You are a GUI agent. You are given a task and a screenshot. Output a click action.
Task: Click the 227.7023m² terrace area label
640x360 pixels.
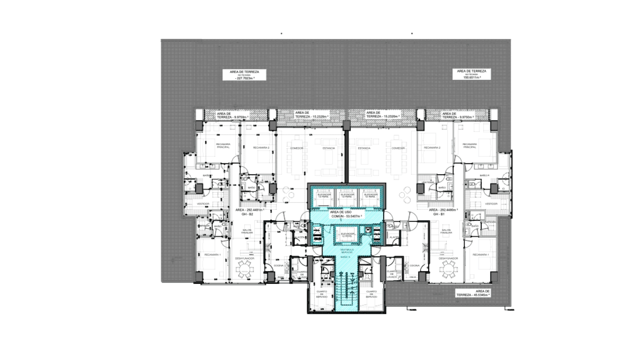[244, 75]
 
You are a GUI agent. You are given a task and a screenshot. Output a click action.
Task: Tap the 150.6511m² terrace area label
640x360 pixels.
[471, 74]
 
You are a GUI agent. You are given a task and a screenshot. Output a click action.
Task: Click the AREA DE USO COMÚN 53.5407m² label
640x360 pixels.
[345, 214]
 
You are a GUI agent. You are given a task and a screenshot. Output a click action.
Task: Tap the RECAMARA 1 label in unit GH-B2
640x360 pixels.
[212, 255]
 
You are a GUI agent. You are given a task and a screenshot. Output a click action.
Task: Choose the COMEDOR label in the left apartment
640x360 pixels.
[296, 148]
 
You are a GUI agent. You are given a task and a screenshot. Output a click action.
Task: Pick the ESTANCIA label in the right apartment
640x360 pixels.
[364, 148]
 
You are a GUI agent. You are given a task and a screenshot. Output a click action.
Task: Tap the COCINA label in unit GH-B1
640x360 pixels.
[414, 266]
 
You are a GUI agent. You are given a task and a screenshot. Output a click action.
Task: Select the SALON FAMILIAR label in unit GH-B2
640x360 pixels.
[247, 231]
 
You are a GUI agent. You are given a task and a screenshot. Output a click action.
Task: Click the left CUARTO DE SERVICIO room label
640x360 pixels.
[322, 294]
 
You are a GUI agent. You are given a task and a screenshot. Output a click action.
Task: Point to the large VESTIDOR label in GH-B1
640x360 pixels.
[491, 204]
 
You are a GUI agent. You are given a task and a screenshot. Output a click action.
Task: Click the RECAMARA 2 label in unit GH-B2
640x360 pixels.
[261, 148]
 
